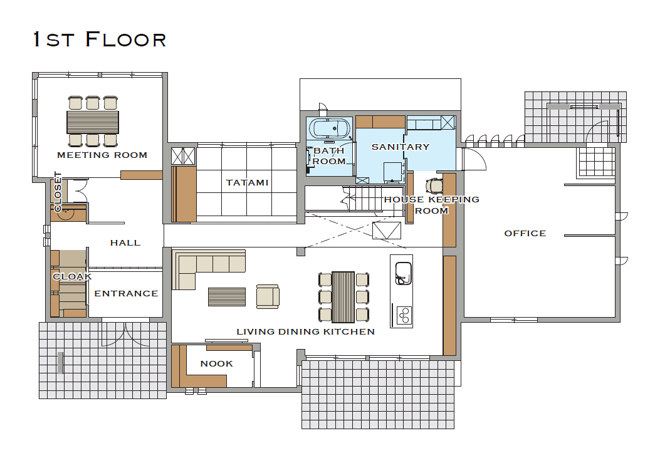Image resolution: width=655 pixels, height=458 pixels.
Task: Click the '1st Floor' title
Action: pyautogui.click(x=100, y=39)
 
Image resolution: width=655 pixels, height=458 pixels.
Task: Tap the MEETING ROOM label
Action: pyautogui.click(x=102, y=155)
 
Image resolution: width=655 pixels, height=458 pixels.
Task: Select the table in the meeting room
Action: pyautogui.click(x=93, y=122)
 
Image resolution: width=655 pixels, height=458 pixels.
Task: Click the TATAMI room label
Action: pyautogui.click(x=248, y=182)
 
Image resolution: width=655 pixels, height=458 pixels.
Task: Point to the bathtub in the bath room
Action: pyautogui.click(x=330, y=128)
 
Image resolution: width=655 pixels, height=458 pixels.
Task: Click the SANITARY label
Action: pyautogui.click(x=400, y=147)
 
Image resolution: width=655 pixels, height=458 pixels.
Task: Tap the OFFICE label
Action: pyautogui.click(x=525, y=233)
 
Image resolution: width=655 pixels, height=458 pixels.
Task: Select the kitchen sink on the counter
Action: pyautogui.click(x=403, y=273)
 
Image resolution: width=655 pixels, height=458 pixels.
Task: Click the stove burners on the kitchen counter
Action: pyautogui.click(x=404, y=315)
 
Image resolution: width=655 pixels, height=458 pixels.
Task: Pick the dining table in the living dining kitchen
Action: pyautogui.click(x=343, y=297)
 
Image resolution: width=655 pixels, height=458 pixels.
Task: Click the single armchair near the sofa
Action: pyautogui.click(x=268, y=296)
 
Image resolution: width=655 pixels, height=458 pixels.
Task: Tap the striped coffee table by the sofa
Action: pyautogui.click(x=227, y=297)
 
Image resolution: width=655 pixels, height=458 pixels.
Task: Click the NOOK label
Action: pyautogui.click(x=216, y=363)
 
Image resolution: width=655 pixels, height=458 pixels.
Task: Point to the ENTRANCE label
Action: pyautogui.click(x=126, y=293)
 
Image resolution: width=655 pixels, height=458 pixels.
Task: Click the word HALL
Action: pyautogui.click(x=125, y=242)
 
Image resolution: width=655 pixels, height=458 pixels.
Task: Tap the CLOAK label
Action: pyautogui.click(x=72, y=276)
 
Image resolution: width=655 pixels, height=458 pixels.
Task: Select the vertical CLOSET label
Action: pyautogui.click(x=58, y=192)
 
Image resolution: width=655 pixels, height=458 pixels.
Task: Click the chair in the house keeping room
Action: pyautogui.click(x=434, y=185)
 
